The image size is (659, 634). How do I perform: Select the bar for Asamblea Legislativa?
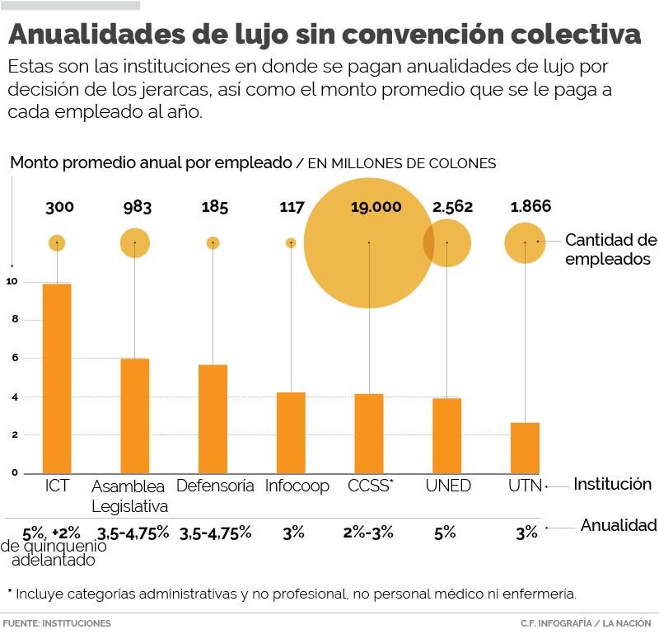coord(134,416)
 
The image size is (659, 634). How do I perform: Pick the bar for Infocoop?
coord(291,432)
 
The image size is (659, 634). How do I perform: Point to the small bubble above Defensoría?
coord(213,243)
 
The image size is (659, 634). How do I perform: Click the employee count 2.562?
coord(452,207)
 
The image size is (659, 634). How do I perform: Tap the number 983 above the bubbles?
coord(138,207)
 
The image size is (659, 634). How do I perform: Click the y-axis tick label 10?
coord(12,282)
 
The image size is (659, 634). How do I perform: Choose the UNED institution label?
coord(448,486)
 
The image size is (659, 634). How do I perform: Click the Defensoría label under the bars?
coord(215,486)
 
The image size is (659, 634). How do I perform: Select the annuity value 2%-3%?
coord(368,533)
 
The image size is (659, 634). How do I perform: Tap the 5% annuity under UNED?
coord(445,533)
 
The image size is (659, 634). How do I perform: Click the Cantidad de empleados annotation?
coord(610,249)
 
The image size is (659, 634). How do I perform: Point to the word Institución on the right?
coord(612,484)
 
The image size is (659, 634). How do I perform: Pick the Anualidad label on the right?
coord(619,525)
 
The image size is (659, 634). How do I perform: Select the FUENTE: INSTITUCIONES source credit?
coord(57,623)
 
